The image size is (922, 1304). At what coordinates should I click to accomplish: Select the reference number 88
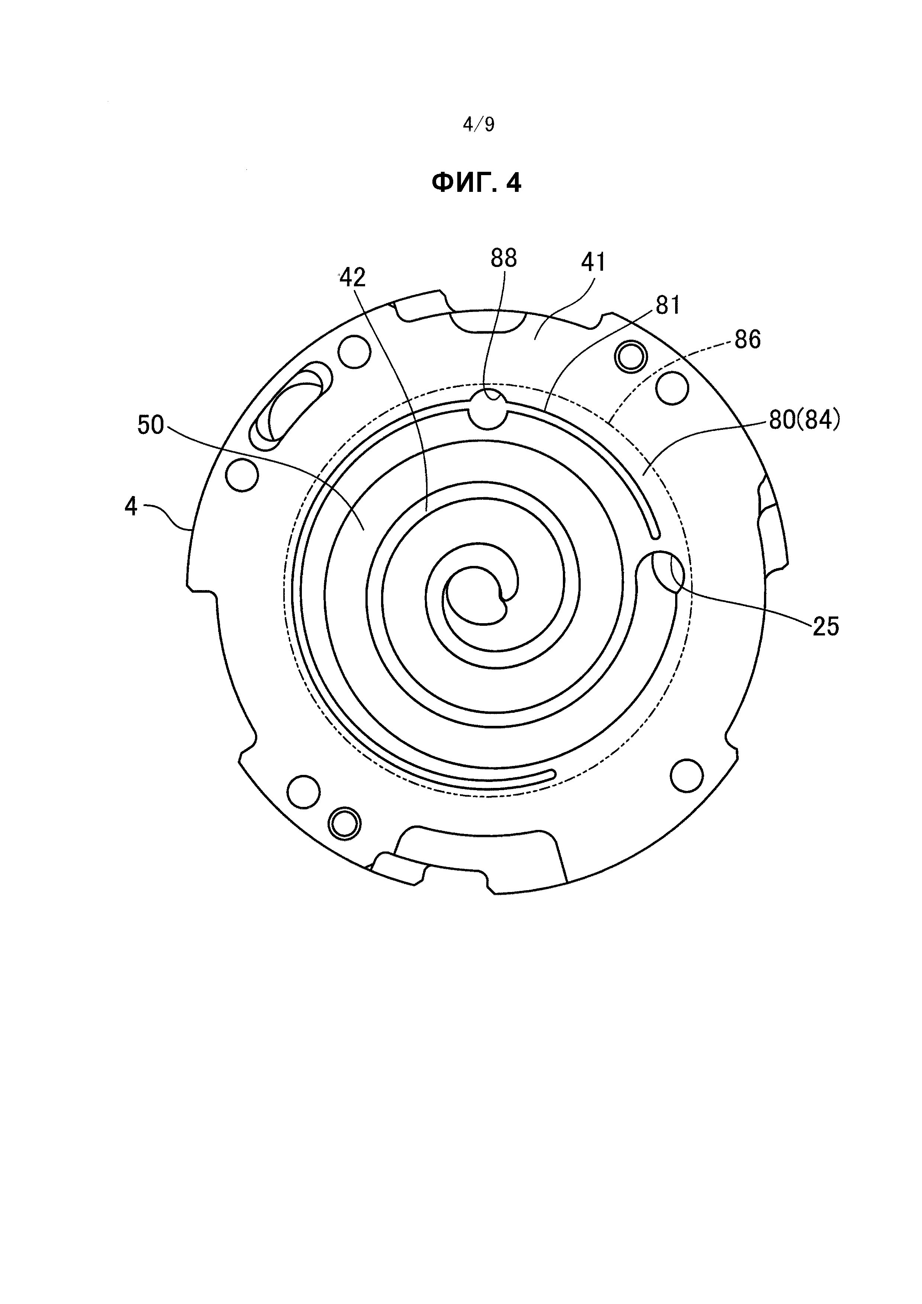pos(504,258)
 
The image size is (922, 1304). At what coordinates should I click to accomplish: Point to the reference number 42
pos(352,278)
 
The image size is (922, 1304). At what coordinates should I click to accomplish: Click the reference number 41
pos(593,263)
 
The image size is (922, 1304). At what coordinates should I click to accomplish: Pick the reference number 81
pos(668,306)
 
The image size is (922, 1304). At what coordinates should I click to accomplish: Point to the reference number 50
pos(151,425)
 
